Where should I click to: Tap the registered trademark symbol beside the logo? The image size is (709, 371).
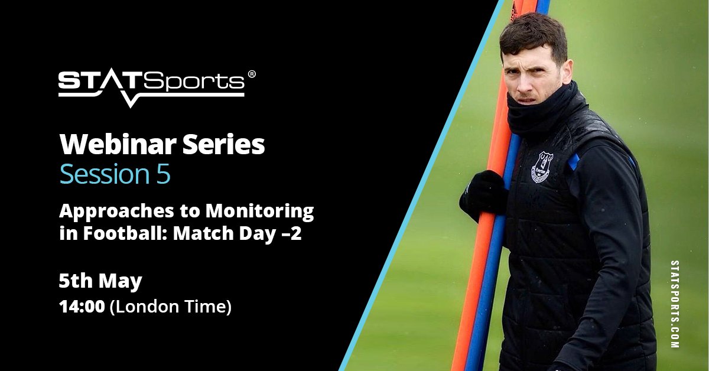pos(252,74)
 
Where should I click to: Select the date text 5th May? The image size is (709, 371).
pos(100,281)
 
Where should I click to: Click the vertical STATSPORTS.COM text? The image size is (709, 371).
pos(675,304)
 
